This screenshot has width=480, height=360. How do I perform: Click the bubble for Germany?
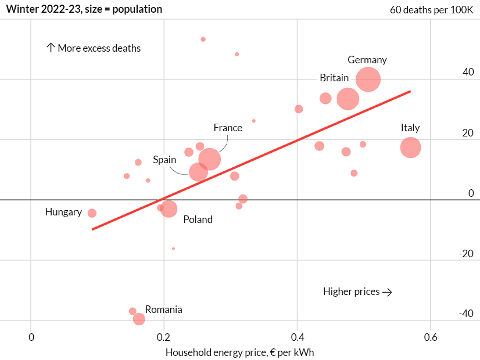pyautogui.click(x=368, y=80)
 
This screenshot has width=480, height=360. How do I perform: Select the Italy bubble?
pyautogui.click(x=410, y=147)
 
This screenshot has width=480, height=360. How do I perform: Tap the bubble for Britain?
pyautogui.click(x=348, y=99)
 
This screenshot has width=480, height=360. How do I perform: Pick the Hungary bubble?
pyautogui.click(x=92, y=213)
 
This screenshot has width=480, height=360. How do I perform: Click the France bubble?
pyautogui.click(x=209, y=159)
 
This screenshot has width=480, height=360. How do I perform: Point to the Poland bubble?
pyautogui.click(x=169, y=209)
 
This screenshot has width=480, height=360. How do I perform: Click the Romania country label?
pyautogui.click(x=163, y=309)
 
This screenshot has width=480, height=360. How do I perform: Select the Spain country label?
pyautogui.click(x=164, y=160)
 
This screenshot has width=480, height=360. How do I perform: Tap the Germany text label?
pyautogui.click(x=367, y=60)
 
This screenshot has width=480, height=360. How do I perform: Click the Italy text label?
pyautogui.click(x=410, y=128)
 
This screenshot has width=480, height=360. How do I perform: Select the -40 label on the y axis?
pyautogui.click(x=466, y=314)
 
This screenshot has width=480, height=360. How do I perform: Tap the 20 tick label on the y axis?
pyautogui.click(x=468, y=133)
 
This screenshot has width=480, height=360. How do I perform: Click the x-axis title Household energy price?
pyautogui.click(x=239, y=352)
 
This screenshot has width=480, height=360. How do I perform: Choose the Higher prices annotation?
pyautogui.click(x=357, y=291)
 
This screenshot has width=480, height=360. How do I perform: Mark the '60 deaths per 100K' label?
pyautogui.click(x=432, y=10)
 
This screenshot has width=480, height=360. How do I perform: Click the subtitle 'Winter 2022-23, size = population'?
pyautogui.click(x=84, y=9)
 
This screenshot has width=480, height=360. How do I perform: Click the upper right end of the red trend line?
pyautogui.click(x=410, y=91)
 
